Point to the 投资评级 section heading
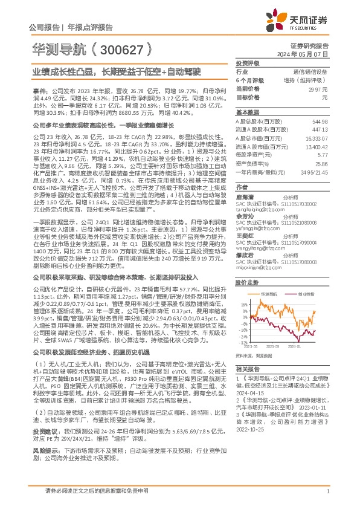(246, 63)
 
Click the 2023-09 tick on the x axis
(276, 346)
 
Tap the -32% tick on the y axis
(243, 342)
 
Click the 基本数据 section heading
(246, 112)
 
